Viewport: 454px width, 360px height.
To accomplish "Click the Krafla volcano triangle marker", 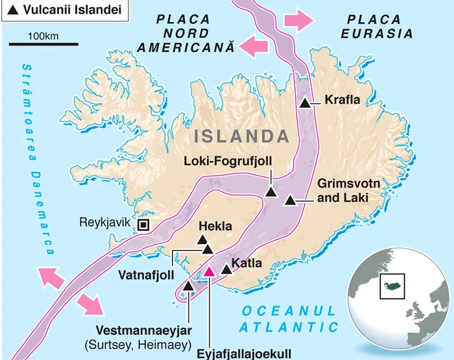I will [x=305, y=102].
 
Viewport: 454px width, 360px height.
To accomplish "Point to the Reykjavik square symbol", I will [x=143, y=224].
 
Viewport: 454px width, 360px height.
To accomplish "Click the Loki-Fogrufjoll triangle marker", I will [x=271, y=191].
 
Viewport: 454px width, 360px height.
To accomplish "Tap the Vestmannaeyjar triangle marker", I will [x=188, y=285].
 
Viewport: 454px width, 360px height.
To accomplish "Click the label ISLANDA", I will [x=241, y=136].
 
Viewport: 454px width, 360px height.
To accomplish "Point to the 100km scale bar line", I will [x=43, y=45].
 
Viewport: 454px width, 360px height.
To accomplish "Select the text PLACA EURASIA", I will [x=378, y=26].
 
